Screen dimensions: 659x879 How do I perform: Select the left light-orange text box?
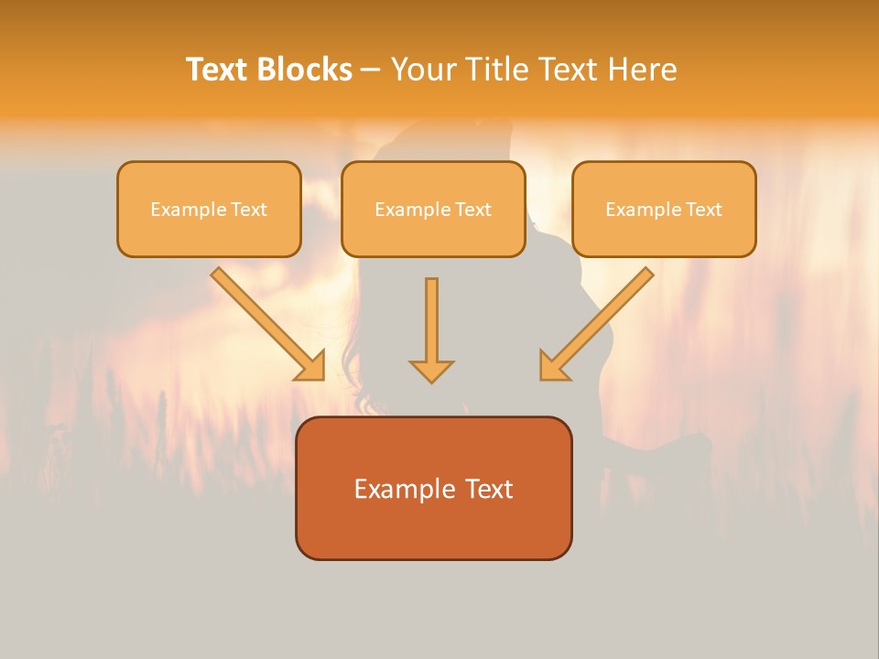(209, 209)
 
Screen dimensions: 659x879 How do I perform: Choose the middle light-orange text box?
(433, 209)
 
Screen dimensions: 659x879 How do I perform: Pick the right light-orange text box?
(664, 209)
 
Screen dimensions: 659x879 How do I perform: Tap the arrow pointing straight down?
(431, 329)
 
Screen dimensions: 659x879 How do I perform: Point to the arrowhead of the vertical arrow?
(431, 371)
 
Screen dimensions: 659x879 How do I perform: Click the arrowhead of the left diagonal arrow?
(311, 366)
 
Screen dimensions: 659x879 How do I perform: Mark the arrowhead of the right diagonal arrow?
(553, 366)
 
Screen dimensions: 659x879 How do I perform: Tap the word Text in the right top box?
(704, 210)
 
